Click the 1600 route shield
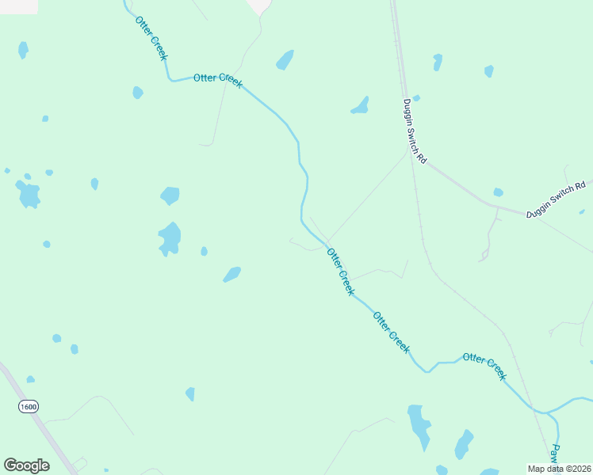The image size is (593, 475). point(29,406)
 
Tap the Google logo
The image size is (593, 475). point(26,465)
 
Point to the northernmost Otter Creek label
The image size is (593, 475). point(151,37)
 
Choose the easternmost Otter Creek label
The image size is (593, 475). point(484,367)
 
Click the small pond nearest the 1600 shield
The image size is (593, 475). point(30,379)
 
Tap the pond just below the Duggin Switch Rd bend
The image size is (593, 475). point(498,192)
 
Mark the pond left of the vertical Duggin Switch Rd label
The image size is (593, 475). point(361,105)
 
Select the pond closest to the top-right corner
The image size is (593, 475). point(488,71)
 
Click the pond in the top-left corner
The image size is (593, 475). point(23,50)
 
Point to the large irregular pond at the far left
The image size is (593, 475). point(29,194)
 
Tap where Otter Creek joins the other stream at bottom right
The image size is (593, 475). point(545,412)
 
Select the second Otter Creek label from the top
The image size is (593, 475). point(218,80)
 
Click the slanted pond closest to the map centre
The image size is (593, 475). point(231,274)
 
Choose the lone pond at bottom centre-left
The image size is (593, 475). point(190,393)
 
